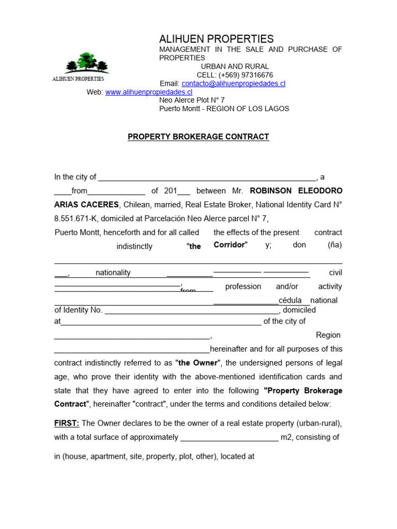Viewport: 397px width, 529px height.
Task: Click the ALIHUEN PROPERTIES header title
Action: pyautogui.click(x=216, y=39)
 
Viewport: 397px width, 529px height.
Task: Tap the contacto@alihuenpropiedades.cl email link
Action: pyautogui.click(x=233, y=83)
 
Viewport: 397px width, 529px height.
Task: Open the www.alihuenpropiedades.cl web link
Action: pyautogui.click(x=148, y=92)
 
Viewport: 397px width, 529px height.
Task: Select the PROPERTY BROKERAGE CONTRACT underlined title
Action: pyautogui.click(x=198, y=137)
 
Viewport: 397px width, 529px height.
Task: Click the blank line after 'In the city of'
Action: pyautogui.click(x=207, y=177)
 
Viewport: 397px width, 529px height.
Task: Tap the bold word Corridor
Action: pyautogui.click(x=230, y=244)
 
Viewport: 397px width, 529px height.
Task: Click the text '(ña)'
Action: pyautogui.click(x=334, y=244)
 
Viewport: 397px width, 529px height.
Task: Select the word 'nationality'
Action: pyautogui.click(x=113, y=272)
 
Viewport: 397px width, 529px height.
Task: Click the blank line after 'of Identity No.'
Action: pyautogui.click(x=192, y=310)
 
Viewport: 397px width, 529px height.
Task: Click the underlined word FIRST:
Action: pyautogui.click(x=67, y=423)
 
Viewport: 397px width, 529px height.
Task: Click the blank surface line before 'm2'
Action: pyautogui.click(x=229, y=438)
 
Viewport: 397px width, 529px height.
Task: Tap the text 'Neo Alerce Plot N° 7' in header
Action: pyautogui.click(x=192, y=100)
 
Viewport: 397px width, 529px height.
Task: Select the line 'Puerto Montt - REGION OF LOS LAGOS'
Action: pyautogui.click(x=224, y=108)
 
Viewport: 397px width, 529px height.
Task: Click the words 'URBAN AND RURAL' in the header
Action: pyautogui.click(x=235, y=67)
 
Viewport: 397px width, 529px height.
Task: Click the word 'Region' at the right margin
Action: pyautogui.click(x=328, y=335)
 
